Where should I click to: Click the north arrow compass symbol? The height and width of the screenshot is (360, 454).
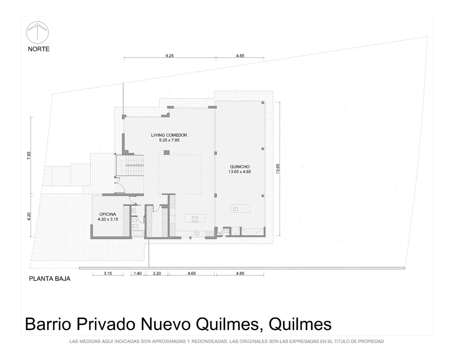37,33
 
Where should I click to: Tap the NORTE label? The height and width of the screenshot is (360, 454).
39,49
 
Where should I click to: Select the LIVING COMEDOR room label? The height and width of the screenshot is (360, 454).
169,135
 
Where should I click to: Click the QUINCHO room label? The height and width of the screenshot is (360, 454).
239,167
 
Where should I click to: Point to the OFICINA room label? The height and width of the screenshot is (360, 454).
107,214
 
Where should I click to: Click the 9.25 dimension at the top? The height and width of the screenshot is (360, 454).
169,56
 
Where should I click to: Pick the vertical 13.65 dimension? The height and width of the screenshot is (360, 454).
278,169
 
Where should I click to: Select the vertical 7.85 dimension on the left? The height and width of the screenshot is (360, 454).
29,156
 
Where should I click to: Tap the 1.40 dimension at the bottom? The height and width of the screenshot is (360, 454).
138,273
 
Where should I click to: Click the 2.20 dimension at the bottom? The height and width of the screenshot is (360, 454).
157,273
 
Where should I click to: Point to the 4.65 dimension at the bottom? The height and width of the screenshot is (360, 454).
191,273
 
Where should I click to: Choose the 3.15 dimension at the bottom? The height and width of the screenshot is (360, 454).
107,273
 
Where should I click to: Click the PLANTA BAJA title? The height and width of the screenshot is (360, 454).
50,279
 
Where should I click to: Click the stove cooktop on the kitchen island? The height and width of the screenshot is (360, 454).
195,219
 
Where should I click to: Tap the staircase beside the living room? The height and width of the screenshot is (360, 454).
130,165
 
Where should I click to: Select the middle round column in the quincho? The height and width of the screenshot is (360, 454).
263,149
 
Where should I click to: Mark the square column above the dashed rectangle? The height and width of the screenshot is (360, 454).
167,153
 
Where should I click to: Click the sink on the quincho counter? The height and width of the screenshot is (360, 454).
235,209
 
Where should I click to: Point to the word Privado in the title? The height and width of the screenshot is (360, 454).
106,324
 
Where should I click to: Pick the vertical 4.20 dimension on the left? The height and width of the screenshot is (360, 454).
29,216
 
